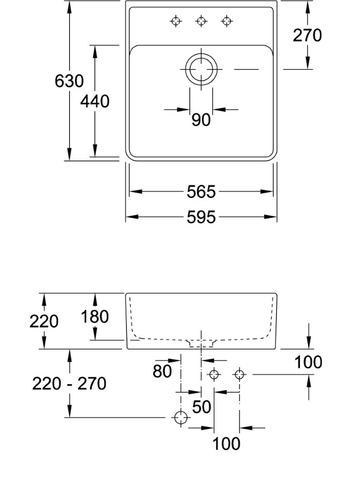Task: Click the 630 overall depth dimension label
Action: click(69, 81)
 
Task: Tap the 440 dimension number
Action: click(95, 101)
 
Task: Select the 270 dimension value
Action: click(307, 35)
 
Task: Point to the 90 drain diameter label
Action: click(201, 120)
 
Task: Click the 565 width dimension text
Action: click(201, 192)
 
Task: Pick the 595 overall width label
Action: click(201, 217)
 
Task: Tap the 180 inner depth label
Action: click(95, 317)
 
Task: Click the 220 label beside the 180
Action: click(44, 322)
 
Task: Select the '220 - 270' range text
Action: click(69, 384)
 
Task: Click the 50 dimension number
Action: click(201, 407)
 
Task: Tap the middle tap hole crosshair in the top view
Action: click(201, 21)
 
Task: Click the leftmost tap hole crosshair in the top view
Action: click(175, 21)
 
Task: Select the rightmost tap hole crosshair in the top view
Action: click(227, 21)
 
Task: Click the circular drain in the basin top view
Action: click(201, 69)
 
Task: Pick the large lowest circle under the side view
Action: click(182, 417)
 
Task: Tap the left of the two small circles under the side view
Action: click(214, 375)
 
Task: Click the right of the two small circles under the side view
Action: click(239, 375)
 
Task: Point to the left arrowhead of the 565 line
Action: click(132, 192)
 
